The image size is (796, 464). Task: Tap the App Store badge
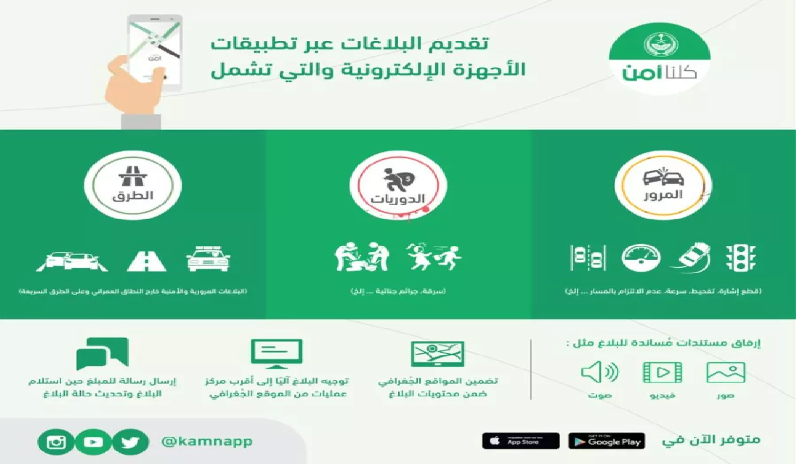pos(520,441)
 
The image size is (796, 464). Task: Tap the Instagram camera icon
pos(56,442)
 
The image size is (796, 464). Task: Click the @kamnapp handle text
pos(207,441)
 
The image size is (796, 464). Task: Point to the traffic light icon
pos(742,257)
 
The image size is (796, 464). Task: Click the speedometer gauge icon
pos(641,258)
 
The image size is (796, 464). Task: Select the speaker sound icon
pos(599,373)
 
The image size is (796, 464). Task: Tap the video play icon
pos(662,373)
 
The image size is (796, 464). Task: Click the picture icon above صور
pos(726,373)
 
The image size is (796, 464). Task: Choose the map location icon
pos(438,355)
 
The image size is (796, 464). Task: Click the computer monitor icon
pos(276,355)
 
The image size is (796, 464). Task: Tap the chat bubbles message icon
pos(102,353)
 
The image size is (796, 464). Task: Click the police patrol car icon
pos(207,258)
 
